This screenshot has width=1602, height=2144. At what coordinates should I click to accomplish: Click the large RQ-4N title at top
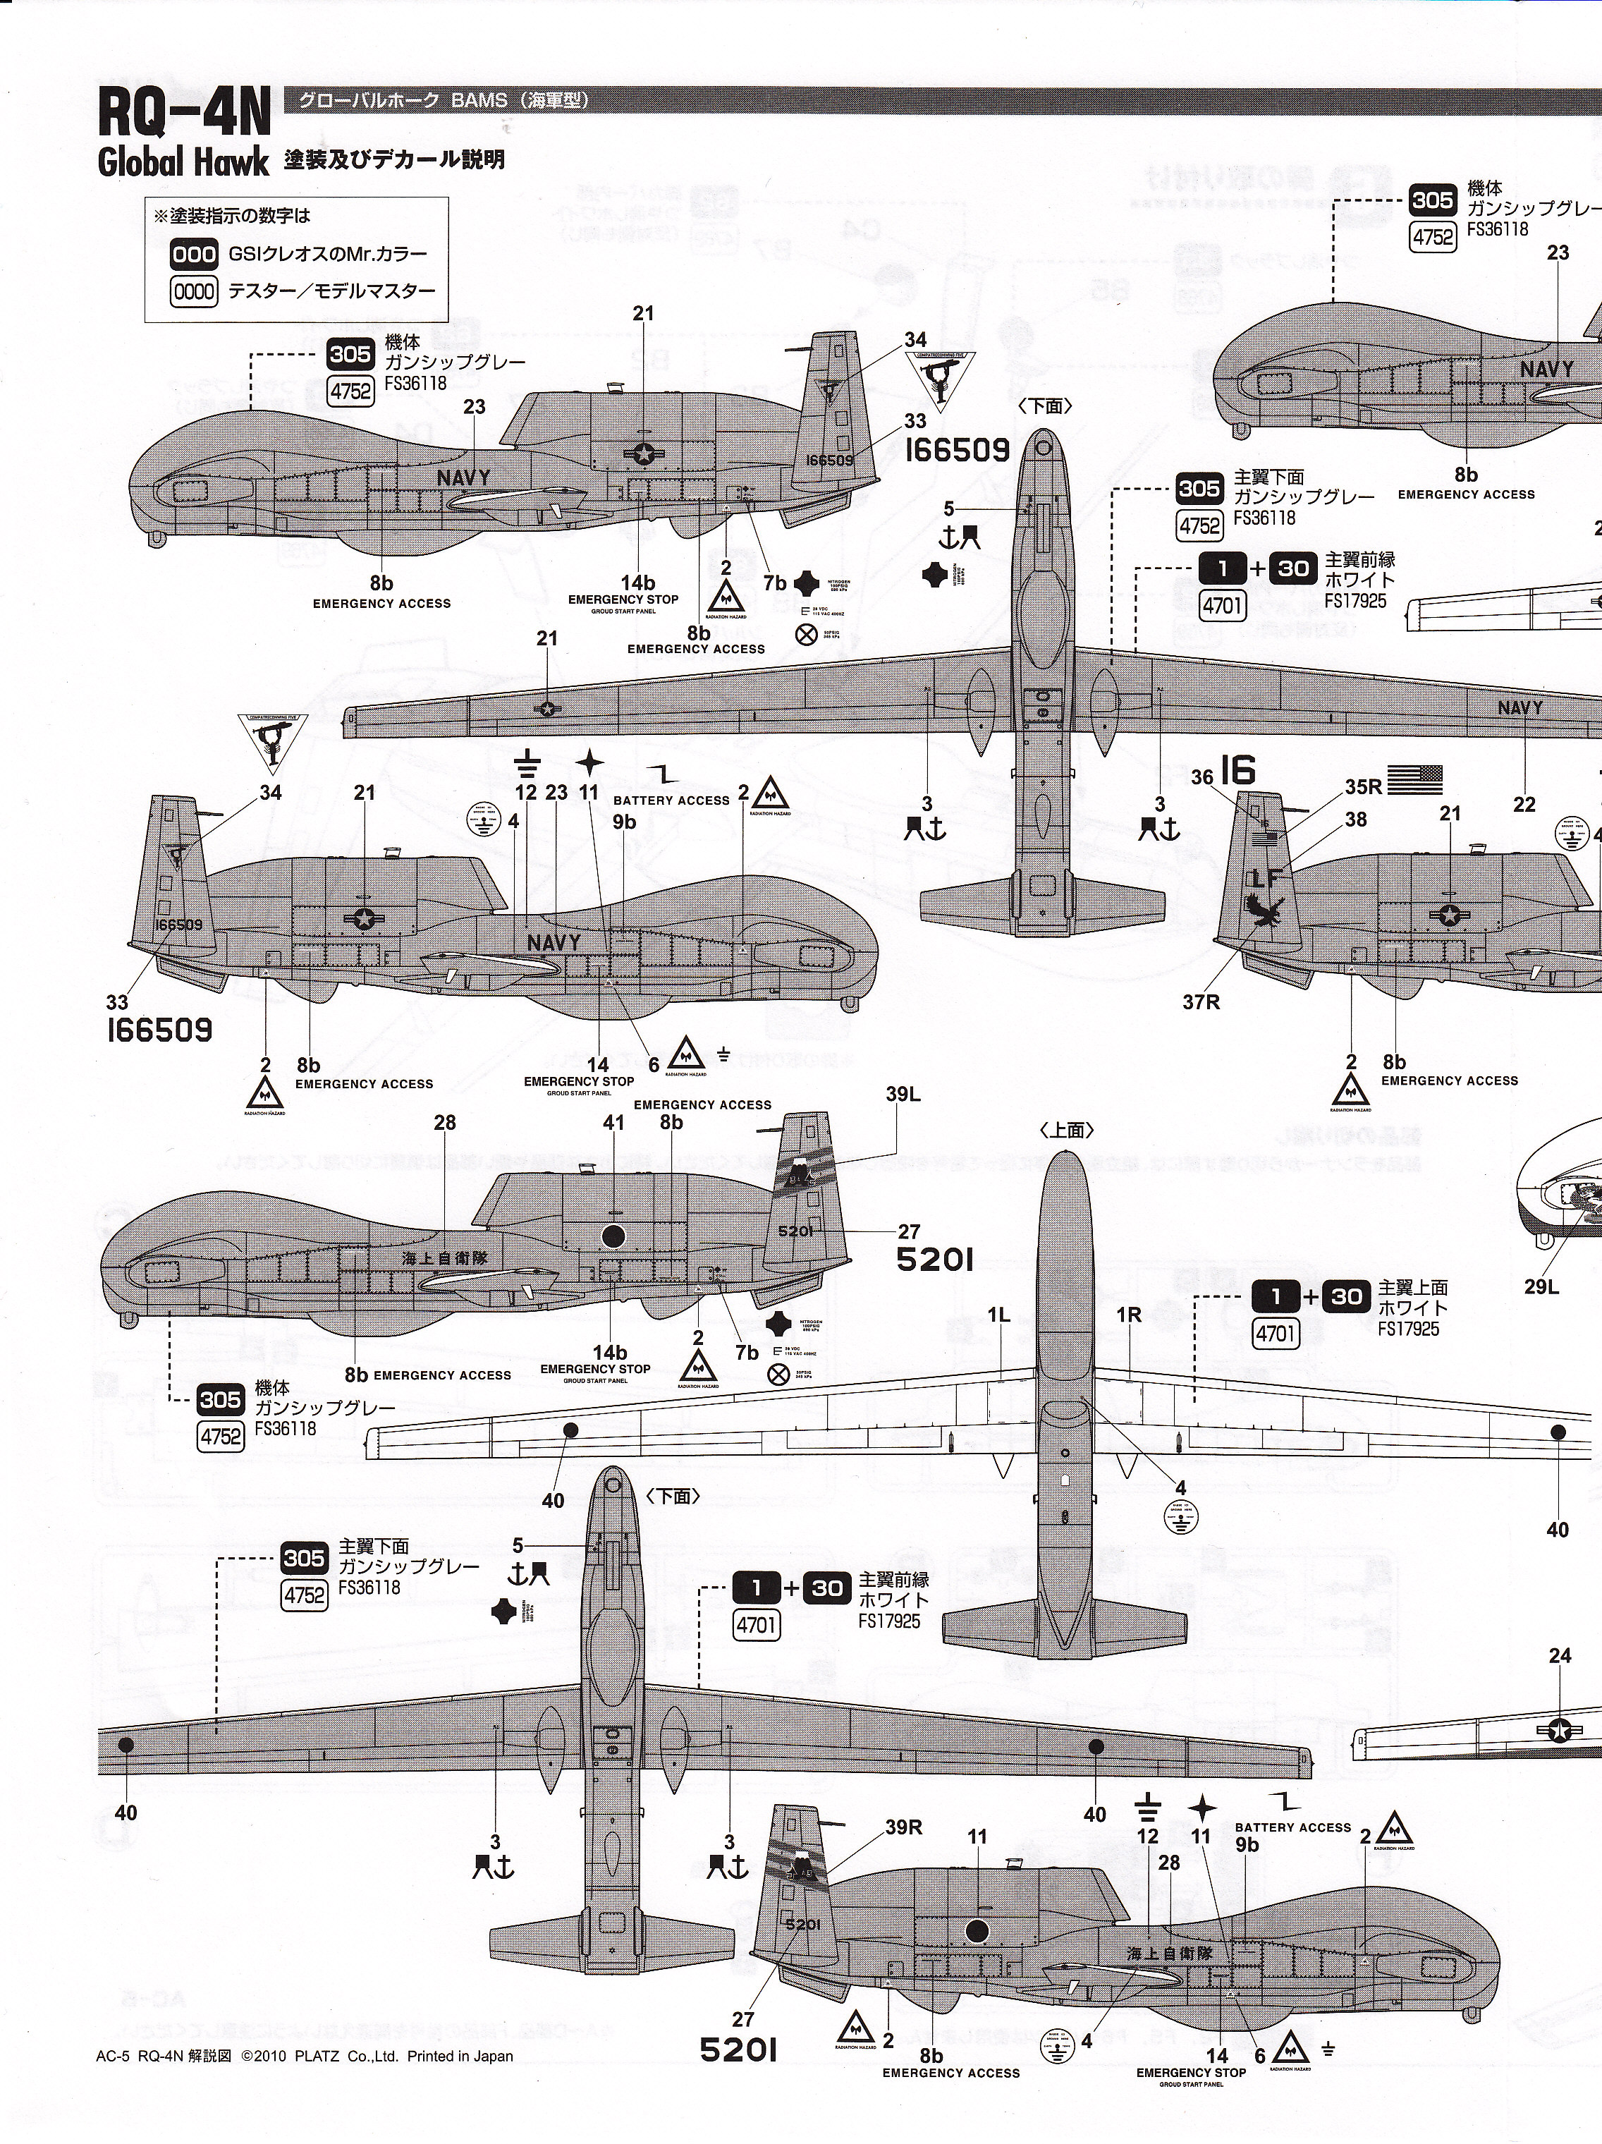coord(184,120)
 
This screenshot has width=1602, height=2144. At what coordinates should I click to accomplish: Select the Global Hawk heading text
coord(182,162)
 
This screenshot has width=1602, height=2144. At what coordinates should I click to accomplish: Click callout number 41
coord(613,1123)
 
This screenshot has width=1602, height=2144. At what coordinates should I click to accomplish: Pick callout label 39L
coord(903,1095)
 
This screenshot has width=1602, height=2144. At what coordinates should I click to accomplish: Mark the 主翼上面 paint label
coord(1414,1288)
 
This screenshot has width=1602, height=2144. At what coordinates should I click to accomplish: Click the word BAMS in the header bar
coord(479,100)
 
